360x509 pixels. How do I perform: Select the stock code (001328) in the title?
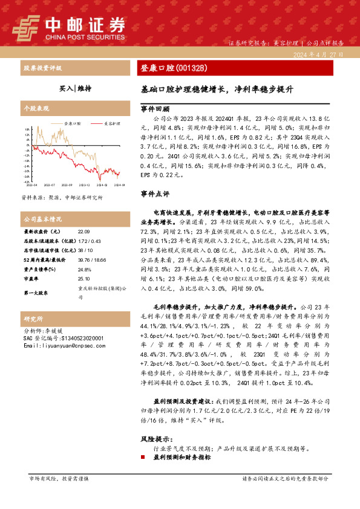point(189,67)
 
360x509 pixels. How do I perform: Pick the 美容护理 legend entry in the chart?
point(111,122)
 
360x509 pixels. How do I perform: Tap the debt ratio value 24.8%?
point(84,269)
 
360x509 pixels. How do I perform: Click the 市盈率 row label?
point(30,279)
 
